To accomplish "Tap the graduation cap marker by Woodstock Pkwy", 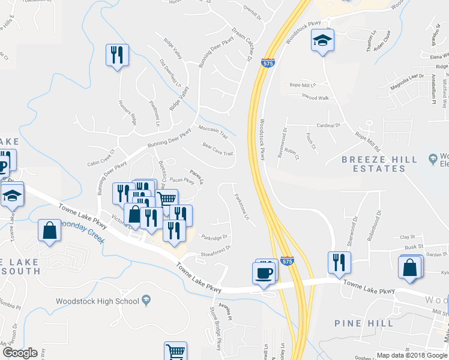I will [x=322, y=41].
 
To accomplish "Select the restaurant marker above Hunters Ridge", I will [x=117, y=55].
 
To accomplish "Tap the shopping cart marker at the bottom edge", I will [x=175, y=352].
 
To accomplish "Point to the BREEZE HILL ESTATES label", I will [x=379, y=164].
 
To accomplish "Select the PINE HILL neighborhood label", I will [x=364, y=323].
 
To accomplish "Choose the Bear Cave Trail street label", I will [x=217, y=149].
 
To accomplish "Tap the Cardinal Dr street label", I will [x=328, y=125].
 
